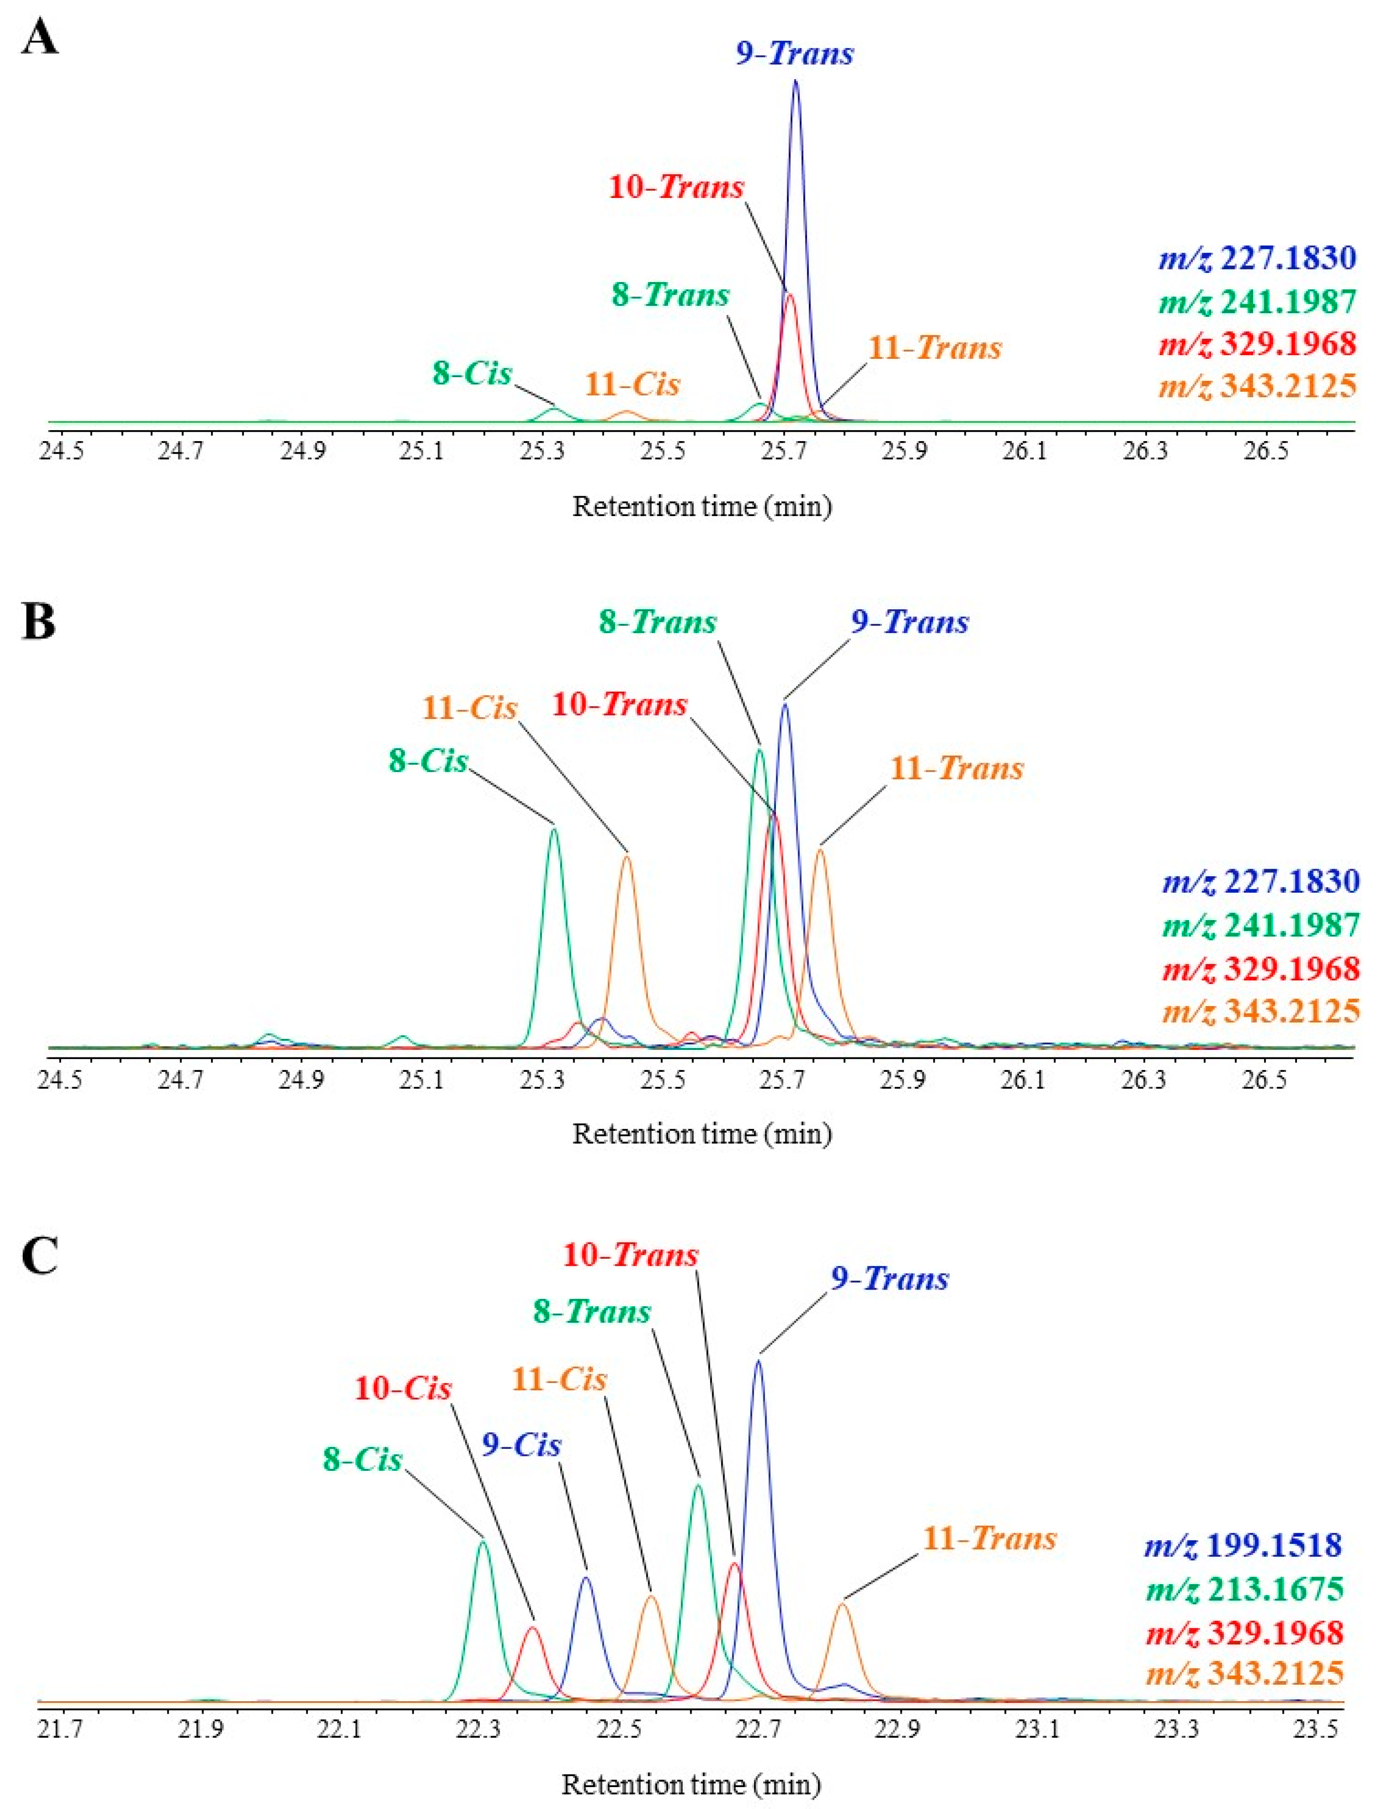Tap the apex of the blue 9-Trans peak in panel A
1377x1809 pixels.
tap(795, 81)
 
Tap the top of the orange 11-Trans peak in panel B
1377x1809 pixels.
tap(820, 850)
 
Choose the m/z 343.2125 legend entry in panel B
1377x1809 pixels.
tap(1261, 1012)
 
